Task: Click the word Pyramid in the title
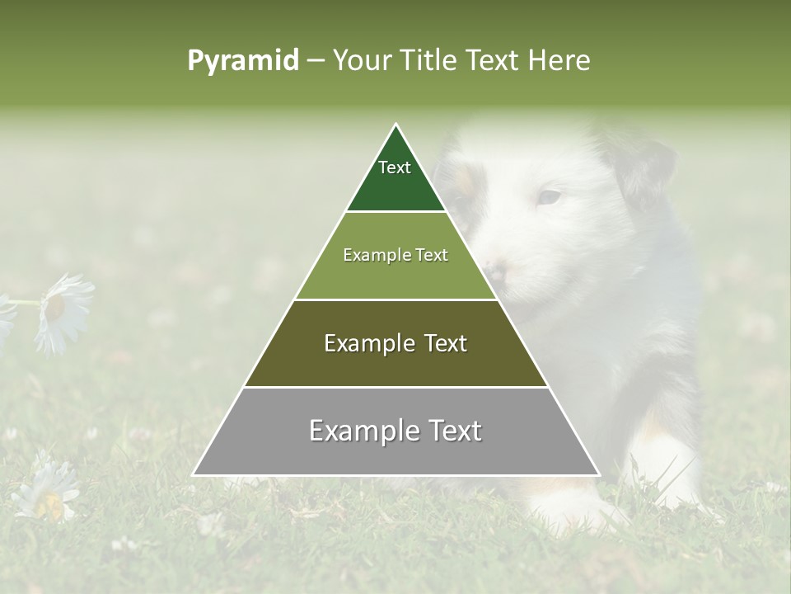point(242,61)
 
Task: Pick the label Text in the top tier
point(395,167)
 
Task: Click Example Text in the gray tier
point(395,431)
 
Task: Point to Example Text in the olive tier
point(395,343)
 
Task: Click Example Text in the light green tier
point(395,255)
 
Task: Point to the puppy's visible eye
point(549,197)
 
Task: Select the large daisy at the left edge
point(63,312)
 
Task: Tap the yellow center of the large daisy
point(55,307)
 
